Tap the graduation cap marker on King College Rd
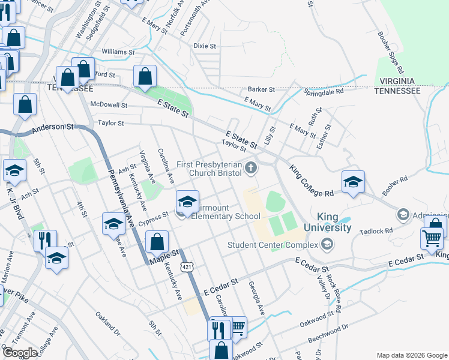[353, 182]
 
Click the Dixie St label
[204, 46]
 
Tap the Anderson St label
[52, 127]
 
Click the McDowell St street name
[109, 104]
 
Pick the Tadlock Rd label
[376, 230]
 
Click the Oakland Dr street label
[108, 323]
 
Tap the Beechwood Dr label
[328, 328]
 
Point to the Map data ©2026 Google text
[411, 355]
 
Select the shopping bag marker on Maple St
[157, 242]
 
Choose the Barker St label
[261, 89]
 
